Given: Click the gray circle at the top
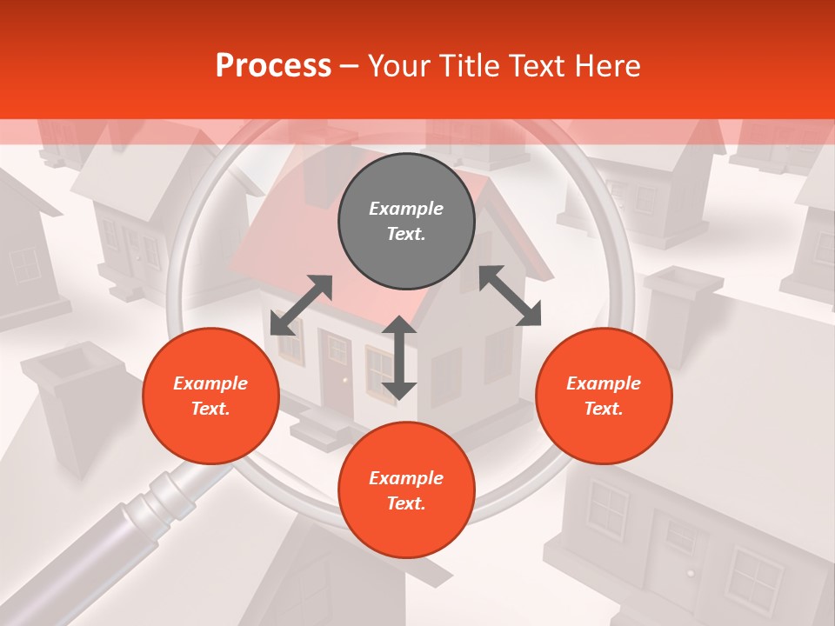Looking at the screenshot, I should (x=406, y=221).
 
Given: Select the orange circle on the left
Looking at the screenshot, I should (x=210, y=396).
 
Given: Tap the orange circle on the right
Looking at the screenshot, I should (x=604, y=396).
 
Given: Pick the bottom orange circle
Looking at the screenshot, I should (x=406, y=490).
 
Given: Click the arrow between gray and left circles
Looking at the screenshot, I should (x=301, y=305).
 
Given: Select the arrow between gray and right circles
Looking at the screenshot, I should (x=510, y=296).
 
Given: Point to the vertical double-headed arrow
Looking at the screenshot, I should (x=399, y=357).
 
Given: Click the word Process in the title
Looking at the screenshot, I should (x=273, y=65).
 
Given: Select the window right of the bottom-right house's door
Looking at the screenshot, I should (x=753, y=578).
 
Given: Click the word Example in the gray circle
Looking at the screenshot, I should (x=406, y=209).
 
